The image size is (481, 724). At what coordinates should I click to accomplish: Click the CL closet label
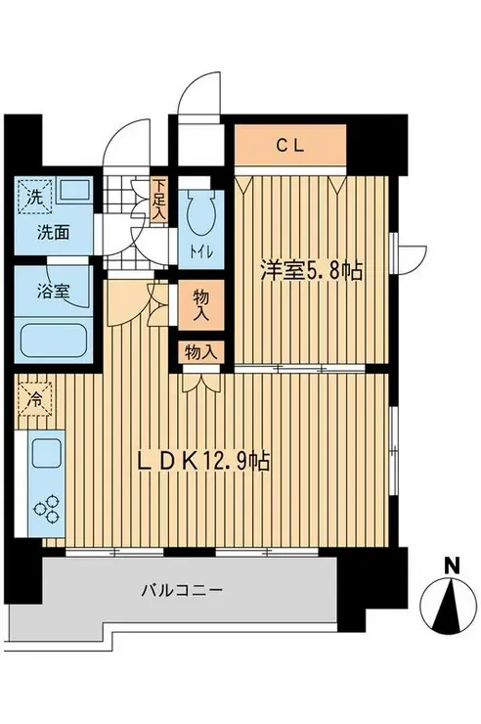point(290,147)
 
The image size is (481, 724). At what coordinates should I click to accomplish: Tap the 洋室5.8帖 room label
point(311,272)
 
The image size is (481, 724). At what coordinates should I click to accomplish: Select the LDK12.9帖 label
point(203,461)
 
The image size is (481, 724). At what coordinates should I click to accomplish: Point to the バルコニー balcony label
point(183,590)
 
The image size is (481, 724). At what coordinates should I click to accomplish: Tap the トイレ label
point(200,252)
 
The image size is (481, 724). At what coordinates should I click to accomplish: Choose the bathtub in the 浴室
point(53,340)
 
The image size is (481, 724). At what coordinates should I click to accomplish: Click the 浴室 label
point(53,292)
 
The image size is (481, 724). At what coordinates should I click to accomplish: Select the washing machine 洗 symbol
point(35,197)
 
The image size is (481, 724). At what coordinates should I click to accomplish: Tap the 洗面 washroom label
point(53,233)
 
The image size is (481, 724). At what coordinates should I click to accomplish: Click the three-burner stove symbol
point(47,509)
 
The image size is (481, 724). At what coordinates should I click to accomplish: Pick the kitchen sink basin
point(46,454)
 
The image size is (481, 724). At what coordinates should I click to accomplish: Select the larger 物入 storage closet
point(200,304)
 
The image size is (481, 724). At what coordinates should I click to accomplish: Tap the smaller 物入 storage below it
point(200,353)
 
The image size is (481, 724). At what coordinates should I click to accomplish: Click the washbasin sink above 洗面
point(74,190)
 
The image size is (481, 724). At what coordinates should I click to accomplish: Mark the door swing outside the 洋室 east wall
point(413,261)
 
